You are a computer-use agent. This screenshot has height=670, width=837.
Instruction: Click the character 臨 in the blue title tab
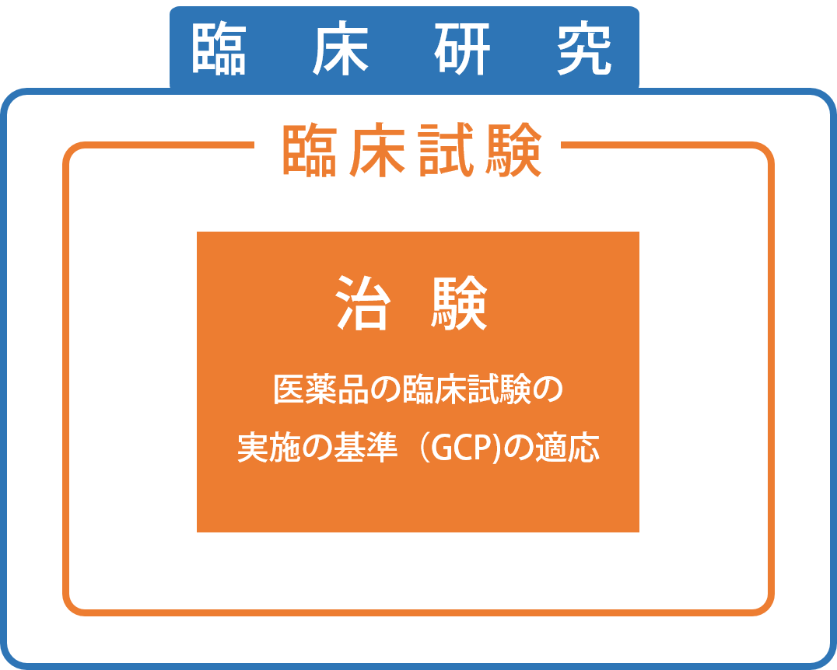coord(219,48)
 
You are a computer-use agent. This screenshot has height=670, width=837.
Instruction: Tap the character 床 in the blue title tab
coord(341,48)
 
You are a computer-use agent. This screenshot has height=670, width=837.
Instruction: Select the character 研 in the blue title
coord(462,48)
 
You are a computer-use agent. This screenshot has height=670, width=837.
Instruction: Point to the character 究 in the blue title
coord(584,48)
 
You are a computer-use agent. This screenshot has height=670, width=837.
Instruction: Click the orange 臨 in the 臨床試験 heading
coord(309,150)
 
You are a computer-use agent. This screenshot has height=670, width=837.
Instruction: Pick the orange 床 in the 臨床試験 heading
coord(377,150)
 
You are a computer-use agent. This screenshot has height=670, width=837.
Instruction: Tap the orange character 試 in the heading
coord(447,150)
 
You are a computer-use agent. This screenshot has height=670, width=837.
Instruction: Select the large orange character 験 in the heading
coord(514,150)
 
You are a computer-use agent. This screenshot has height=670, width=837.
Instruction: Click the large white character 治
coord(363,303)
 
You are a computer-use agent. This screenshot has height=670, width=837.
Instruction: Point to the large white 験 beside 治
coord(459,303)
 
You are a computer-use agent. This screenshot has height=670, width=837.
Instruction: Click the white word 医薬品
coord(320,389)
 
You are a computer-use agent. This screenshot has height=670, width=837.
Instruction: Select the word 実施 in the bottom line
coord(270,447)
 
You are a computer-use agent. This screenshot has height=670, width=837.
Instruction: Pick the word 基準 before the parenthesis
coord(366,447)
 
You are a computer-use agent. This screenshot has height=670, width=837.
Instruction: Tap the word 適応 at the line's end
coord(568,447)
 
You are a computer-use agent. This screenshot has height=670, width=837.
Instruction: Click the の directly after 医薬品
coord(386,390)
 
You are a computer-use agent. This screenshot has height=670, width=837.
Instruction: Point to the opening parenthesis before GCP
coord(422,448)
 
